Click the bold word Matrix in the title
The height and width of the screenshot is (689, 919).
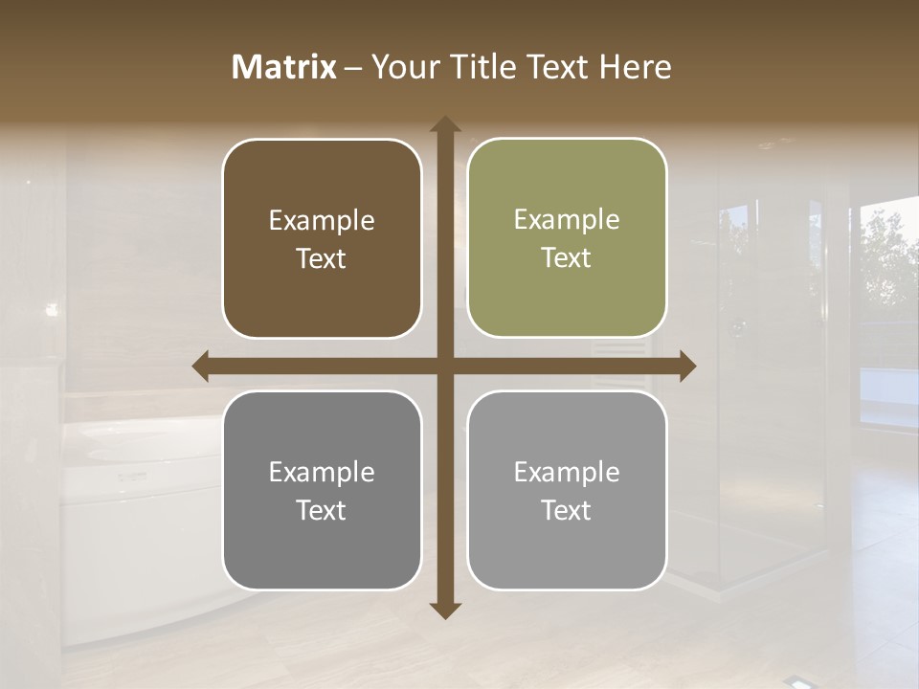pos(284,67)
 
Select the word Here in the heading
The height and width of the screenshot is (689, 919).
pos(635,67)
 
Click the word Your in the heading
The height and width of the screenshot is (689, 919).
pos(402,67)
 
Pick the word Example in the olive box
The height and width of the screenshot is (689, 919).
pos(567,220)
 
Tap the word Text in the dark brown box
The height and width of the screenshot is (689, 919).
pos(321,259)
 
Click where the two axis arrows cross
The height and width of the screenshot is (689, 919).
pos(445,366)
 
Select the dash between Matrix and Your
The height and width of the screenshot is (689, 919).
pos(353,67)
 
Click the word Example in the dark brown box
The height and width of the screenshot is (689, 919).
pos(321,221)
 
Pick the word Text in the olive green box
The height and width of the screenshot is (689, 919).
pos(567,258)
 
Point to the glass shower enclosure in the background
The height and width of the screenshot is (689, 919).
pos(766,402)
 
